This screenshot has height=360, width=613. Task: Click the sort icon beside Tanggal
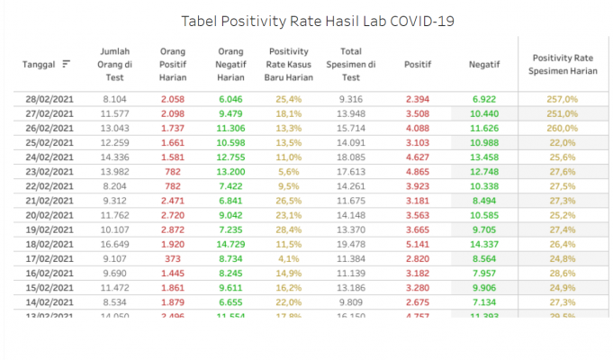67,64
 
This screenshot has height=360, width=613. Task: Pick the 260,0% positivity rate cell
562,128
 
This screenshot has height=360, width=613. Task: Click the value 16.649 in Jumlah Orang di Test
116,243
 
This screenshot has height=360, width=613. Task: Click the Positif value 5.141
419,243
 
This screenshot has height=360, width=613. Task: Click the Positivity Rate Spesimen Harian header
561,64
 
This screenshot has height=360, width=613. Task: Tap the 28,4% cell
288,229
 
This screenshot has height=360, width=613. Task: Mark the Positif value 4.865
419,171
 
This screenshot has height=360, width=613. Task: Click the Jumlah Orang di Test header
116,64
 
